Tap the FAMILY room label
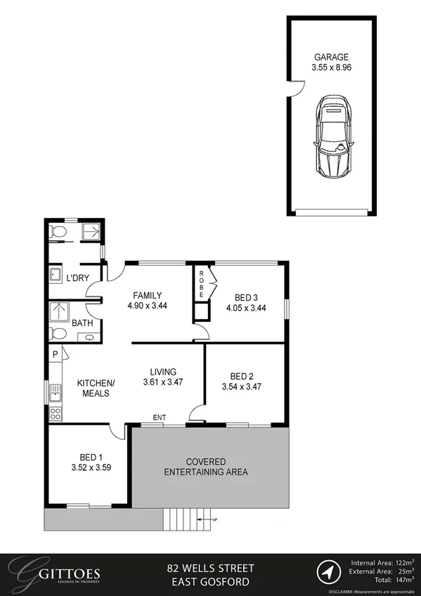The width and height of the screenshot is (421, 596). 146,295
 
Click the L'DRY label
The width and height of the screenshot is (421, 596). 77,278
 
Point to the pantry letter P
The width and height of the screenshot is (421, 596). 55,356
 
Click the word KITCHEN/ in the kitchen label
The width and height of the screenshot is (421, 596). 96,383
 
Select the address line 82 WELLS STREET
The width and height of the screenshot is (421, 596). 210,567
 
